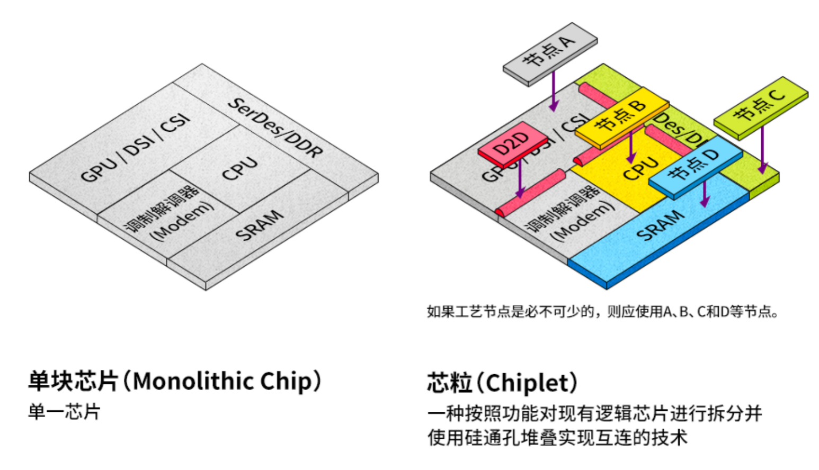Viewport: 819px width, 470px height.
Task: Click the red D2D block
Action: coord(512,143)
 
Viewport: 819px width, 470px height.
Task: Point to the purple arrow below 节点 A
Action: coord(554,91)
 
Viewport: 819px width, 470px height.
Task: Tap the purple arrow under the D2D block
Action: coord(520,177)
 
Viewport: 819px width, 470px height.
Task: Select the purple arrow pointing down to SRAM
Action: coord(705,194)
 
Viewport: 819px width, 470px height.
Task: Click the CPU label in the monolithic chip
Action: coord(240,168)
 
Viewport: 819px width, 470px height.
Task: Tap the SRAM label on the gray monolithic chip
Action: coord(259,225)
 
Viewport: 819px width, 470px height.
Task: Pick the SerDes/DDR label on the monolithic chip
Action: coord(275,128)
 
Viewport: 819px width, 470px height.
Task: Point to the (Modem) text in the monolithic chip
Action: coord(183,220)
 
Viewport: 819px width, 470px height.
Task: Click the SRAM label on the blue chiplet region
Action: coord(661,225)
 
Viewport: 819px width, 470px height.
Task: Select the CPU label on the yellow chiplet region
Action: coord(641,168)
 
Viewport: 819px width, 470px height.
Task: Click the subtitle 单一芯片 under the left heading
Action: coord(64,412)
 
